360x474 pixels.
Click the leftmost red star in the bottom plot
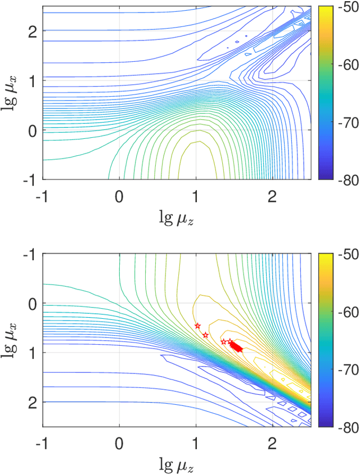(x=197, y=326)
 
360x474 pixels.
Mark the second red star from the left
(x=205, y=335)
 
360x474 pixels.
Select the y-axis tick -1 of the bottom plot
(x=31, y=254)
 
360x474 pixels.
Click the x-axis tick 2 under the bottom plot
(x=272, y=443)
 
